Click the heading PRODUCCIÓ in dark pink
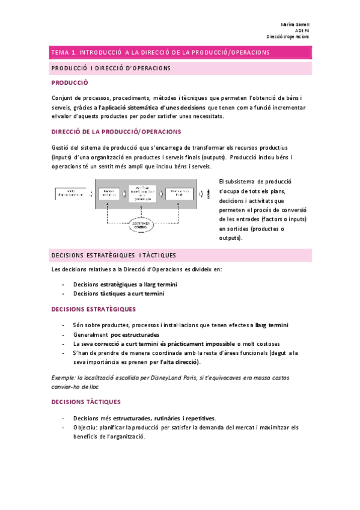click(x=70, y=84)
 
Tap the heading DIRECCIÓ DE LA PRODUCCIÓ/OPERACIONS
click(x=117, y=131)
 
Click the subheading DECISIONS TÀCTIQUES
click(x=87, y=401)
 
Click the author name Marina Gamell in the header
click(x=294, y=24)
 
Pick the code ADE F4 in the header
click(x=302, y=30)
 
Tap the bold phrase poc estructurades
click(x=135, y=334)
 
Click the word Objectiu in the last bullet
click(x=87, y=428)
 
